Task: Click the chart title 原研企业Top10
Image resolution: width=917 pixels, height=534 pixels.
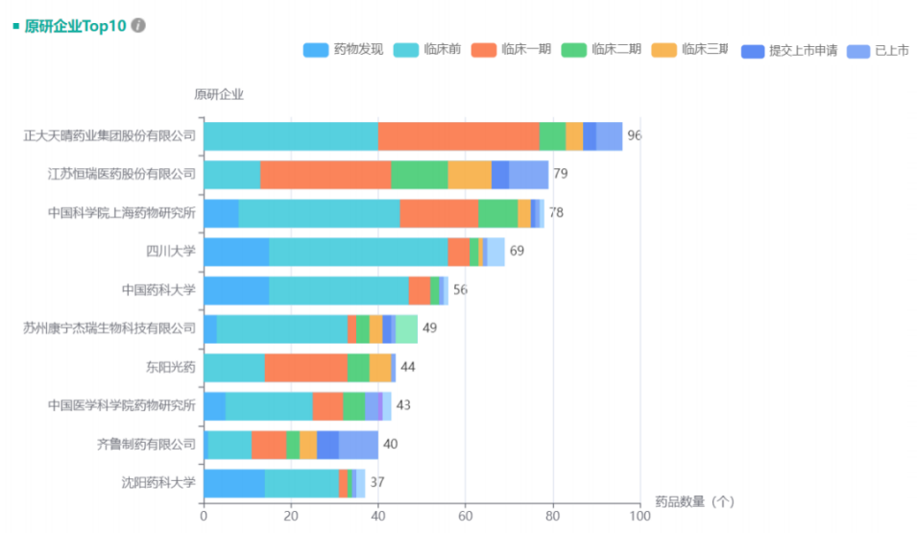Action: pyautogui.click(x=75, y=26)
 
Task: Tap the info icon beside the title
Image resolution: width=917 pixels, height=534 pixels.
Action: pyautogui.click(x=138, y=26)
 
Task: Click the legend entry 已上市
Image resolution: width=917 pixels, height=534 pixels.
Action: pyautogui.click(x=880, y=51)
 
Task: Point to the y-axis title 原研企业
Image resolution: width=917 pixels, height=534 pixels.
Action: pyautogui.click(x=219, y=94)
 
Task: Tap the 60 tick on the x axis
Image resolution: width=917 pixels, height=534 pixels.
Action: pyautogui.click(x=465, y=517)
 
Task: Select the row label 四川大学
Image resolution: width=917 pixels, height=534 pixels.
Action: pyautogui.click(x=171, y=252)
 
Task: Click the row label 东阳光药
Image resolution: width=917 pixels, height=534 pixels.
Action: pyautogui.click(x=171, y=367)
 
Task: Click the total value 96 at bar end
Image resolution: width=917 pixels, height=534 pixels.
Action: pyautogui.click(x=634, y=136)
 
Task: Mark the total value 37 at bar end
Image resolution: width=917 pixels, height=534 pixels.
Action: pyautogui.click(x=377, y=482)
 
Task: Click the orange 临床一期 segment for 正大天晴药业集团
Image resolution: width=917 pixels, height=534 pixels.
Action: pyautogui.click(x=458, y=136)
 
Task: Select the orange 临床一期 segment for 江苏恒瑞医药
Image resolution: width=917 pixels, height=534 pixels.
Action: pyautogui.click(x=326, y=175)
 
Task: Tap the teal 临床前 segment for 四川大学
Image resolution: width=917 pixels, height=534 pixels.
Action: pyautogui.click(x=358, y=252)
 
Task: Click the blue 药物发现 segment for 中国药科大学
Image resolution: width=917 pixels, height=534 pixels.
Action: pyautogui.click(x=236, y=290)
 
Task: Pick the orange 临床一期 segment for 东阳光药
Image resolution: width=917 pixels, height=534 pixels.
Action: pyautogui.click(x=305, y=367)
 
